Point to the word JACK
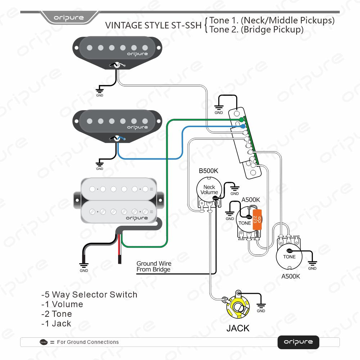point(238,328)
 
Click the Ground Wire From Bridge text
point(154,267)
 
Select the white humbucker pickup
point(119,200)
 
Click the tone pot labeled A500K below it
point(289,256)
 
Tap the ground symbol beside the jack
point(261,306)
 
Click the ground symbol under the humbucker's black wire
point(84,266)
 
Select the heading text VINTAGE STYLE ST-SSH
point(153,26)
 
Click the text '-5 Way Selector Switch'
point(89,294)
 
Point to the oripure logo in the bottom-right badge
point(298,342)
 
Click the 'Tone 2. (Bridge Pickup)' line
point(256,30)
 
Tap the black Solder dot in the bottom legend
point(44,342)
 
